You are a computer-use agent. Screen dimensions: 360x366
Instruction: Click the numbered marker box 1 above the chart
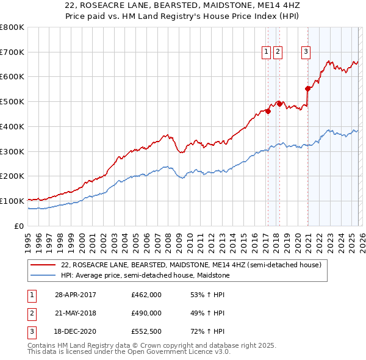tap(267, 52)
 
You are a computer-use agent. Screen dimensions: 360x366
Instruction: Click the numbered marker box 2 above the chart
tap(278, 52)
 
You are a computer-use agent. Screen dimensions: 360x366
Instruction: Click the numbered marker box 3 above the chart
tap(305, 52)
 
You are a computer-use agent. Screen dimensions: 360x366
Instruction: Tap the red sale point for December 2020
tap(308, 88)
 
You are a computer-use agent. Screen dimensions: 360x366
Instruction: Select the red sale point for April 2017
tap(268, 111)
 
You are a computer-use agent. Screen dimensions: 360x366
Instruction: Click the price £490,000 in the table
tap(146, 313)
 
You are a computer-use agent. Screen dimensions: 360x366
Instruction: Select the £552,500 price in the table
tap(146, 331)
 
